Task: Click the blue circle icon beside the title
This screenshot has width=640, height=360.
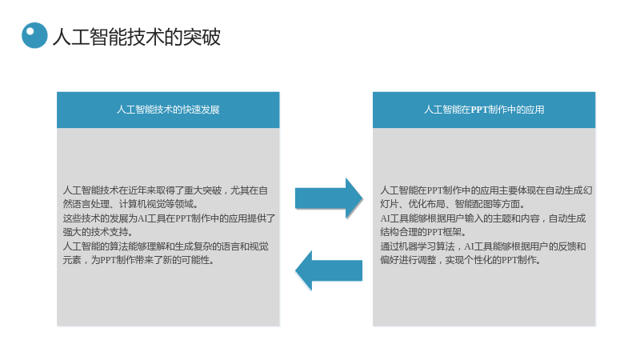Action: coord(34,35)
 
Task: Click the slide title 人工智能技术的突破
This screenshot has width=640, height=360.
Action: coord(137,37)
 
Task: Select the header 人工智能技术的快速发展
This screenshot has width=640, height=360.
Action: coord(168,110)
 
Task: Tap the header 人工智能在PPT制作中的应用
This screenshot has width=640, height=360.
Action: coord(484,110)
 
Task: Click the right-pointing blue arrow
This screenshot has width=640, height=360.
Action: coord(329,198)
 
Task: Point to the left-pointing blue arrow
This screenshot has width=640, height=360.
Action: coord(329,270)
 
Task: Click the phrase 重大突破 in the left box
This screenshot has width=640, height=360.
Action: coord(203,190)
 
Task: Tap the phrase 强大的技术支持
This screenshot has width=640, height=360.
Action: coord(98,232)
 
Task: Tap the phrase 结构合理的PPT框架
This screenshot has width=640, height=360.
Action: coord(421,232)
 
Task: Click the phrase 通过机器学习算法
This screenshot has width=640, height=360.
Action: coord(418,246)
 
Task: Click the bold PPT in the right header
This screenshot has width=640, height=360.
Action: coord(479,110)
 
